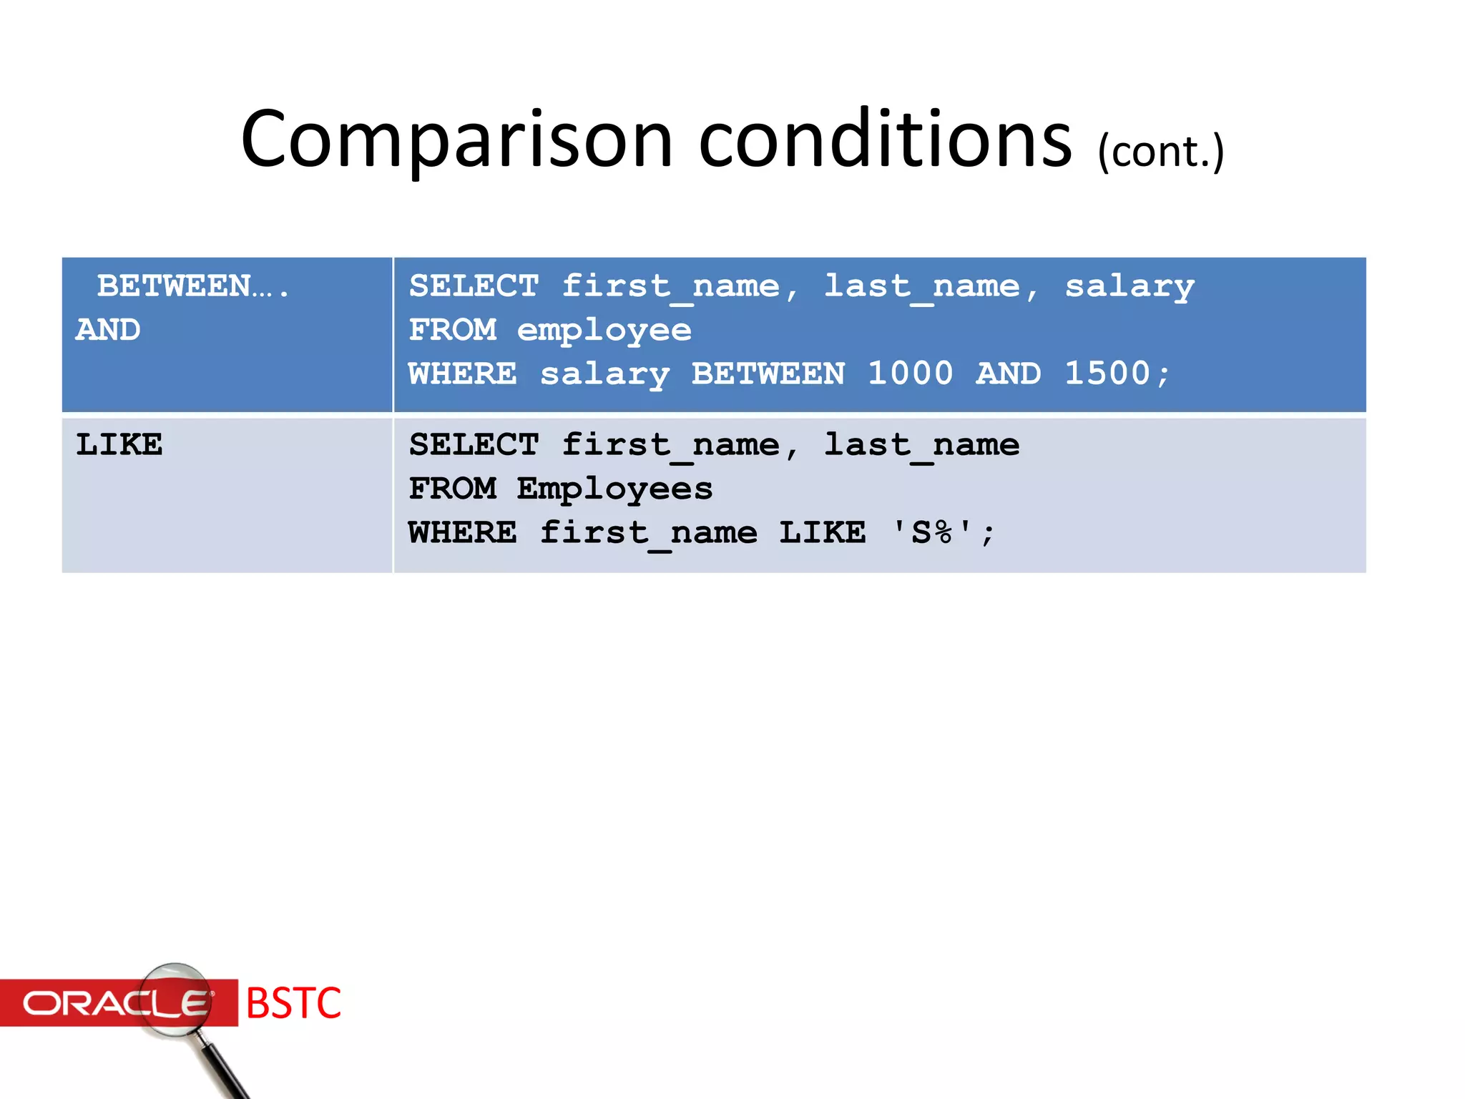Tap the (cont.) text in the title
[1161, 152]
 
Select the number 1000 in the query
[910, 373]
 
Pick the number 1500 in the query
[1107, 373]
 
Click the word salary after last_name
[1130, 287]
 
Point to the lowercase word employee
[604, 331]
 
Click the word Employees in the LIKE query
[614, 489]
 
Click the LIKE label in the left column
[119, 445]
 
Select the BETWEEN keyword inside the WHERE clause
[768, 373]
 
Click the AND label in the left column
[108, 330]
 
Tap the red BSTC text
[293, 1002]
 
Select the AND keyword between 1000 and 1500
[1009, 373]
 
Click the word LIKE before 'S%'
[823, 533]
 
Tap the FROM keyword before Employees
[452, 489]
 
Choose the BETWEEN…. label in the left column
[192, 286]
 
